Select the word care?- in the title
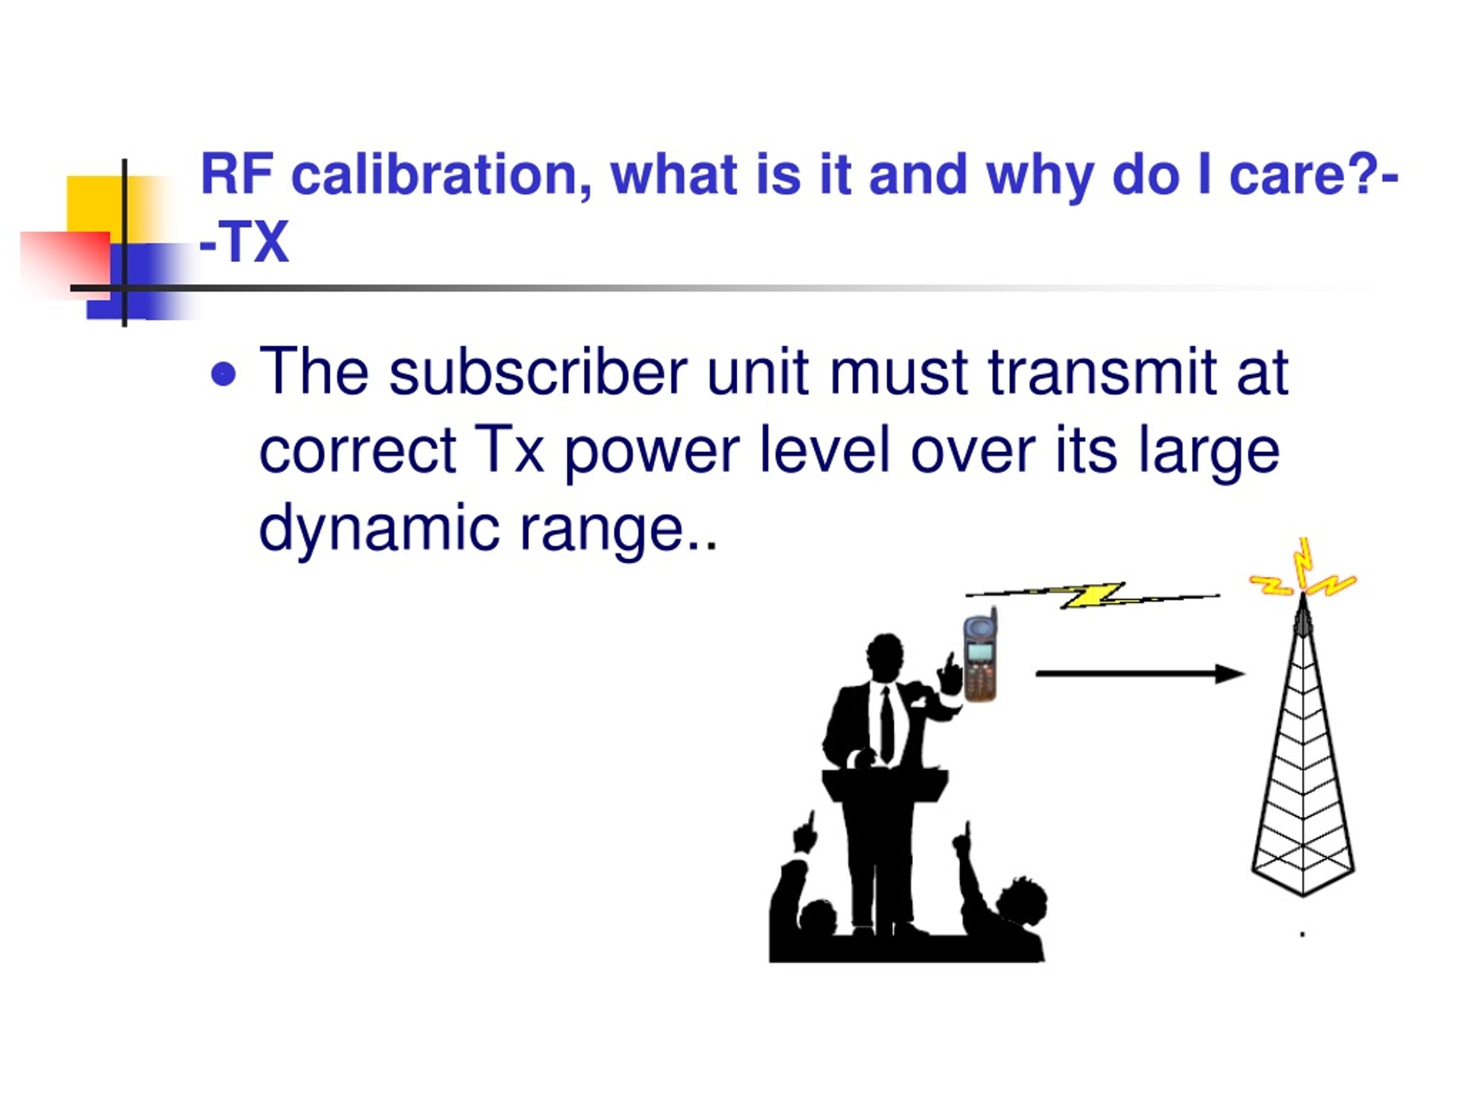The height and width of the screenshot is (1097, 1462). click(x=1314, y=175)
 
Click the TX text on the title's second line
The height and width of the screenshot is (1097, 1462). click(x=255, y=242)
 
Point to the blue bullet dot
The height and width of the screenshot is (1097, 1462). click(x=223, y=374)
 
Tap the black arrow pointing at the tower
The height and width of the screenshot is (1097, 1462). click(x=1139, y=674)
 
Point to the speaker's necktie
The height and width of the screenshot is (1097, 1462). click(x=887, y=723)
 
